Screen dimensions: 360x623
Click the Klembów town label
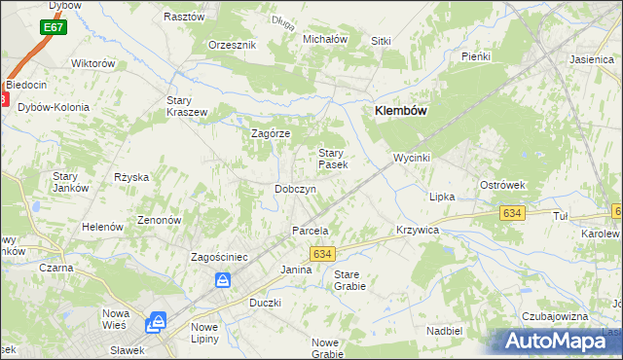coord(401,112)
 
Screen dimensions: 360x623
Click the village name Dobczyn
coord(295,189)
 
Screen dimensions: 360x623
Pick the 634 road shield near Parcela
coord(324,253)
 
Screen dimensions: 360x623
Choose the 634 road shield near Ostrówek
coord(510,212)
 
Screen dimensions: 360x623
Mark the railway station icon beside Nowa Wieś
coord(157,323)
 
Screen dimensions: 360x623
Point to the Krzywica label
coord(419,230)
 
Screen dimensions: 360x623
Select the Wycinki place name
coord(411,157)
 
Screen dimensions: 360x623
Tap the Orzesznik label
coord(232,45)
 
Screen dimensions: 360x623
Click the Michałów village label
coord(325,39)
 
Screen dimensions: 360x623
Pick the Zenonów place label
coord(160,220)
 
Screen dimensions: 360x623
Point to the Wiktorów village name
coord(93,63)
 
